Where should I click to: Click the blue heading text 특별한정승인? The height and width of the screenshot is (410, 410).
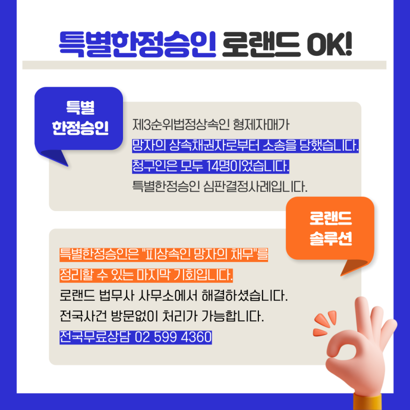tap(137, 44)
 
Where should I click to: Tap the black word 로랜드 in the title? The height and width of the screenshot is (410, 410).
tap(261, 44)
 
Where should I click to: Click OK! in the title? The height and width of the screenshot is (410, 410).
tap(330, 44)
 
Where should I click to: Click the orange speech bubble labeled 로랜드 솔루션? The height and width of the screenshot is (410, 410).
tap(330, 233)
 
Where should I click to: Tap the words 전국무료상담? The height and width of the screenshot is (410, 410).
tap(95, 337)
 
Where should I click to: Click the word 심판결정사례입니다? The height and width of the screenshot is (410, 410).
tap(255, 187)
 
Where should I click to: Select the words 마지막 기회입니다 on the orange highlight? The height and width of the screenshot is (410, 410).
tap(185, 275)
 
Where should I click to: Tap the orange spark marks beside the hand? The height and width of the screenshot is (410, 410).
tap(325, 323)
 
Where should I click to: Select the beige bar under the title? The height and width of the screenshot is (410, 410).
tap(204, 65)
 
